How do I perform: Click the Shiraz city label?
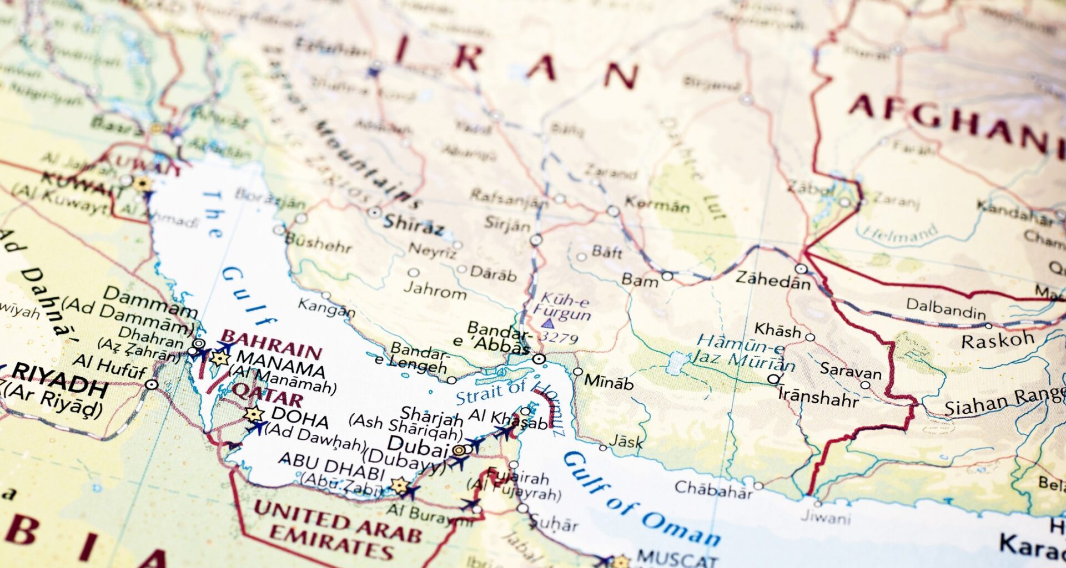click(414, 225)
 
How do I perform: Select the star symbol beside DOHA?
click(254, 414)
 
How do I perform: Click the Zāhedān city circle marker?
click(801, 269)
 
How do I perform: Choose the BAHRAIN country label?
click(271, 344)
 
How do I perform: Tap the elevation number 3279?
click(559, 337)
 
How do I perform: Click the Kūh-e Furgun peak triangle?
click(547, 323)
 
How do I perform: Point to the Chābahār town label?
click(713, 489)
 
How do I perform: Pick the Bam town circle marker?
click(667, 276)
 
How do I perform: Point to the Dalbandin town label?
click(946, 308)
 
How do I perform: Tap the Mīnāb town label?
click(609, 382)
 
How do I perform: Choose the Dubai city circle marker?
click(459, 450)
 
